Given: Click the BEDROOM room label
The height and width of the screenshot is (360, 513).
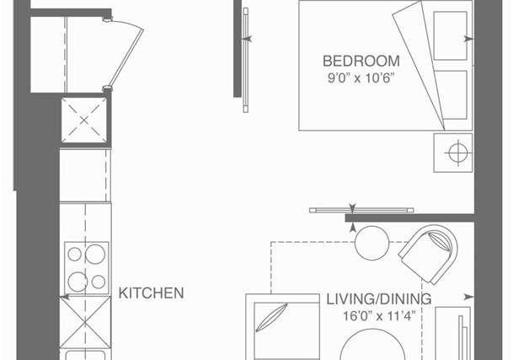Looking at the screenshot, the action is (361, 62).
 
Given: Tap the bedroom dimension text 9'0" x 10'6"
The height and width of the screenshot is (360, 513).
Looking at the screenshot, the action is (361, 78).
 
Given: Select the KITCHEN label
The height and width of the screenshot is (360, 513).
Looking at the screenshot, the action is (151, 293).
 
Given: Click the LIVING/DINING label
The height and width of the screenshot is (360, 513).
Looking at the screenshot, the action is (379, 299).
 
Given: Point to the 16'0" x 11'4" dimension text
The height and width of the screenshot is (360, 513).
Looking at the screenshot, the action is (379, 316).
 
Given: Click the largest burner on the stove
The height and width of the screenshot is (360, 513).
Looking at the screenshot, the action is (95, 254).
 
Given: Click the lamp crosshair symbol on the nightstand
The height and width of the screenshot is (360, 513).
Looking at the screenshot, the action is (458, 153).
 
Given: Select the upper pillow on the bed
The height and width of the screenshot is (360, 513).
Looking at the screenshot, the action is (450, 35).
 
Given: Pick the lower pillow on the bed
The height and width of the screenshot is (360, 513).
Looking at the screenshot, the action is (450, 95).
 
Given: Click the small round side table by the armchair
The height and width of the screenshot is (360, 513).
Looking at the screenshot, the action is (372, 243).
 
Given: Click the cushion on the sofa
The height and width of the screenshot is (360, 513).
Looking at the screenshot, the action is (271, 317).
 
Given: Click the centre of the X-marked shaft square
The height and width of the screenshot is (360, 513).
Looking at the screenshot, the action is (84, 121).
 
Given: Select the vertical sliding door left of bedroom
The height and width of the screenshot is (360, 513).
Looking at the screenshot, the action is (246, 60).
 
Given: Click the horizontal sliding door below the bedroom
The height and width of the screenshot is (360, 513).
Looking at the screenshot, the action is (361, 210).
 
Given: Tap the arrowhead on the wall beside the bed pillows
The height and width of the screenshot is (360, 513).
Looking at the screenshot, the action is (469, 39).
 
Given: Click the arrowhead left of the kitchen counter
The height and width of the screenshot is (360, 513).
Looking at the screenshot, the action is (65, 297).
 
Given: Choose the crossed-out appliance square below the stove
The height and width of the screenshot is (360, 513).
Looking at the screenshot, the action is (85, 323).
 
